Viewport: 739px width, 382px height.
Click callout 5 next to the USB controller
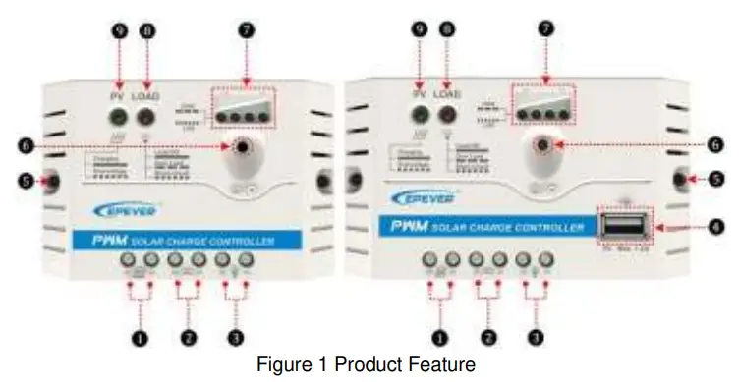pyautogui.click(x=715, y=180)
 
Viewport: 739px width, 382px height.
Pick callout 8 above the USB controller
pyautogui.click(x=450, y=30)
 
